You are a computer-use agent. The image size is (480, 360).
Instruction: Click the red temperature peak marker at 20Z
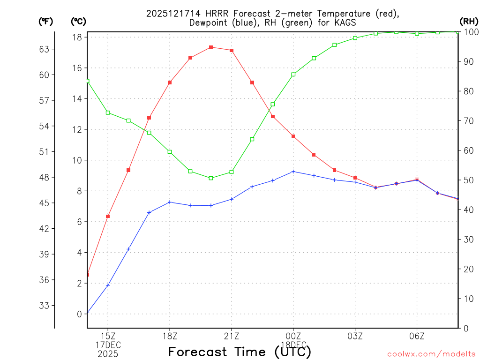pos(211,47)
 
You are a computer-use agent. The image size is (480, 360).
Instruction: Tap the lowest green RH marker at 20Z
pos(211,178)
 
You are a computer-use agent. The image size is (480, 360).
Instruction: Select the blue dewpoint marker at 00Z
pos(293,172)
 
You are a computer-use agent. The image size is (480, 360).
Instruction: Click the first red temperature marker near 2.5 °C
pos(88,275)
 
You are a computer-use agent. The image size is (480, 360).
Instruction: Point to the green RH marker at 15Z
pos(108,112)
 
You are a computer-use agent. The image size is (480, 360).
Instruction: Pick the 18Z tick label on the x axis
pos(170,336)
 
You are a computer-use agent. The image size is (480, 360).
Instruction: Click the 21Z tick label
pos(232,336)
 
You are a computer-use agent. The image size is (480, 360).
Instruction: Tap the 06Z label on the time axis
pos(417,336)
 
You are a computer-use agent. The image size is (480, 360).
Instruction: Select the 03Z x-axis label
pos(355,336)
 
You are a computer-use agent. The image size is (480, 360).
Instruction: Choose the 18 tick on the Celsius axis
pos(78,37)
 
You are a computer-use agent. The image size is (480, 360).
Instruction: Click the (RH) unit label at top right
pos(469,21)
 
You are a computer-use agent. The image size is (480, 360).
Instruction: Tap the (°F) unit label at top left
pos(46,21)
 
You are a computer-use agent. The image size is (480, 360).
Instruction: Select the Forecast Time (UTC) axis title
pos(240,352)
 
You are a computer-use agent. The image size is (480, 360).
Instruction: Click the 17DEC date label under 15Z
pos(108,345)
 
